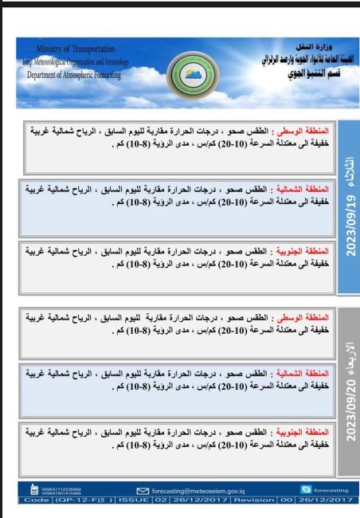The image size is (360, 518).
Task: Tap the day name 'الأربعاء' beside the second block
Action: (350, 348)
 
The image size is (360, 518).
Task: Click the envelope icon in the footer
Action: (143, 491)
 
